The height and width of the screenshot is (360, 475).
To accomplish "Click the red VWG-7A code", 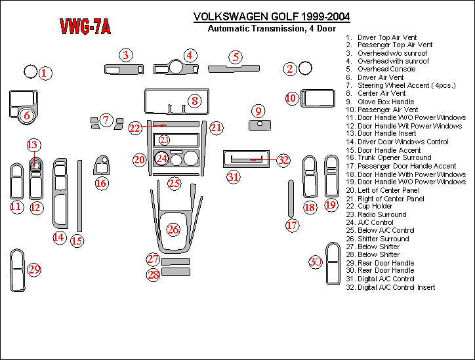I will pos(85,26).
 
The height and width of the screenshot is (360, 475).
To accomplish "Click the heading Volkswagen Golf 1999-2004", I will pos(271,16).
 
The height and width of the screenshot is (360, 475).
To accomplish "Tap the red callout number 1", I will pos(44,73).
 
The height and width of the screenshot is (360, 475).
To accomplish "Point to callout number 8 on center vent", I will pos(195,101).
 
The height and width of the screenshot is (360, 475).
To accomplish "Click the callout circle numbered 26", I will pos(173,230).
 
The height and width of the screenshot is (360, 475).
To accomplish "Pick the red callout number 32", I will pos(283,159).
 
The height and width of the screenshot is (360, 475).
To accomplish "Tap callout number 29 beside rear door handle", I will pos(34,270).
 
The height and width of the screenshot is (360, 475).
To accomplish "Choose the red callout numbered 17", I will pos(292,226).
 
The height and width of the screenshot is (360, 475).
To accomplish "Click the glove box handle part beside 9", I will pos(260,124).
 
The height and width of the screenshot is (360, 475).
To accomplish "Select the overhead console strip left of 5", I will pos(233,68).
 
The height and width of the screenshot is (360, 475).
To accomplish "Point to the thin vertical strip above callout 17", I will pos(291,198).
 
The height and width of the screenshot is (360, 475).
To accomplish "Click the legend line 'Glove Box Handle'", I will pos(385,102).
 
